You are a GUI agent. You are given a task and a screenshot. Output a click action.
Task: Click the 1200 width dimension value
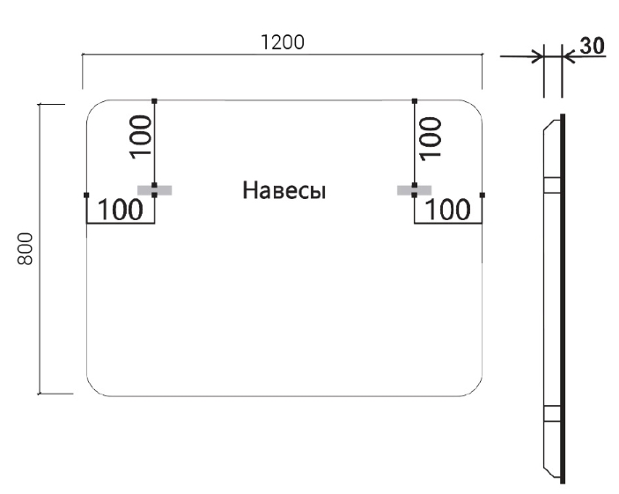coord(282,41)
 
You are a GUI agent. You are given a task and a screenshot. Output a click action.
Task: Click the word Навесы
coord(284,190)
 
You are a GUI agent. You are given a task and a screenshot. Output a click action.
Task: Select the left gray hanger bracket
coord(154,189)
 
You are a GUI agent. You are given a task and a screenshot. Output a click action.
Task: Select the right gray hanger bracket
coord(414,189)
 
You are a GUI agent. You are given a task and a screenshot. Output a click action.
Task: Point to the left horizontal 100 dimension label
coord(119,210)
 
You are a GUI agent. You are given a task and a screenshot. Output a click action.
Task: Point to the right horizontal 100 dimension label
coord(449,210)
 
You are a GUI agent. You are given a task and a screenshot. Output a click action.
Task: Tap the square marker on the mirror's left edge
coord(86,194)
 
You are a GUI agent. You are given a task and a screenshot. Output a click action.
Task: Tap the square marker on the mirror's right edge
coord(483,194)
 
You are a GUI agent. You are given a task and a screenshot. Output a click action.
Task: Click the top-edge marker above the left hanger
coord(154,101)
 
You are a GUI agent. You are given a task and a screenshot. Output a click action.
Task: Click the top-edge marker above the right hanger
coord(414,101)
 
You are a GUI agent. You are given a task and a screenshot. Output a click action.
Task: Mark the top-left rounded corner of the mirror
coord(93,107)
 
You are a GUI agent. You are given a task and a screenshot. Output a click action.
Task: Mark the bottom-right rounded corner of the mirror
coord(475,389)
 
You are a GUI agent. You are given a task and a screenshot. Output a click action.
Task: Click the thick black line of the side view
coord(562,299)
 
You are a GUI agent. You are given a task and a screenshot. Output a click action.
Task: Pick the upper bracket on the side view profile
coord(551,184)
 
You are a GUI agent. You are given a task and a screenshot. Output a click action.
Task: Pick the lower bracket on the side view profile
coord(551,415)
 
